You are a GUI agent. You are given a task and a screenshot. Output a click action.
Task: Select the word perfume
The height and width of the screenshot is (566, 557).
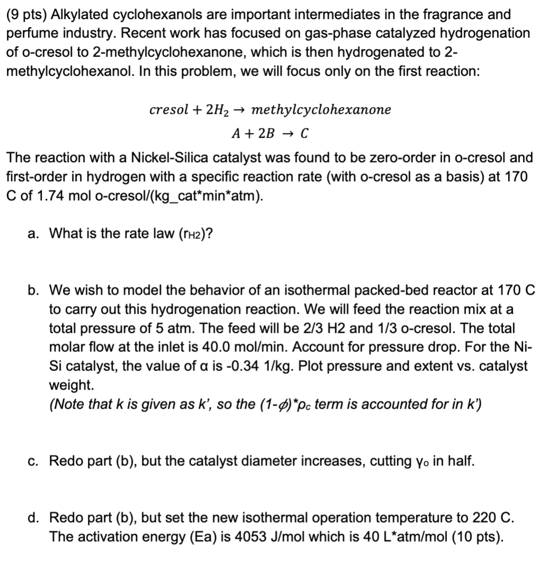29,33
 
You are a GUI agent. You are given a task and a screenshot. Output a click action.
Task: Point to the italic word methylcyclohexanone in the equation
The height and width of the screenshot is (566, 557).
321,110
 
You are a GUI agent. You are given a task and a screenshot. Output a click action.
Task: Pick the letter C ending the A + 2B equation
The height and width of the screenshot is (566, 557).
304,134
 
